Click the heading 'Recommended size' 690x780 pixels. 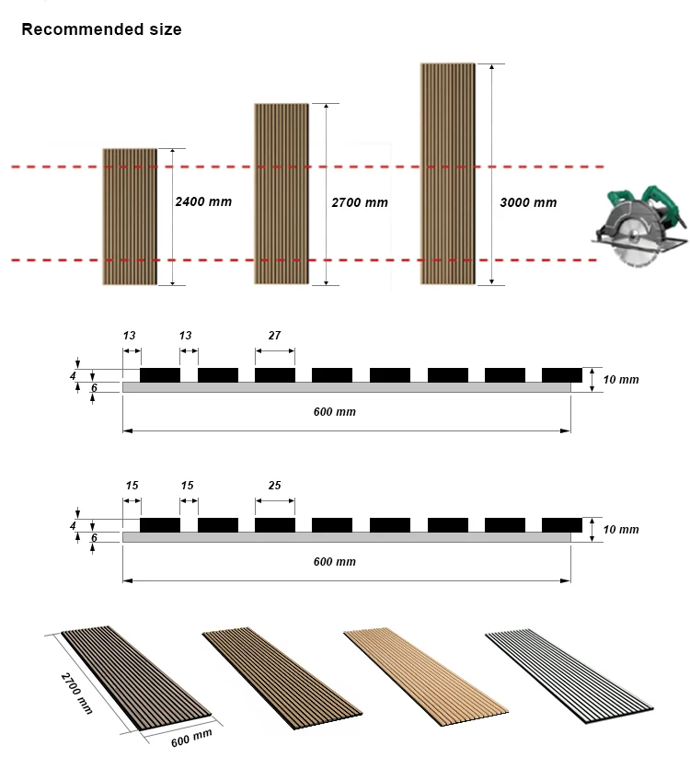pyautogui.click(x=101, y=29)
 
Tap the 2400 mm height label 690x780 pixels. pyautogui.click(x=203, y=201)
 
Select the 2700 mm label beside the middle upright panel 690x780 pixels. pyautogui.click(x=360, y=202)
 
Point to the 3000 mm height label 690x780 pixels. pyautogui.click(x=528, y=202)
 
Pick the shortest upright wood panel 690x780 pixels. pyautogui.click(x=130, y=216)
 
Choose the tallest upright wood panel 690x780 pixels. pyautogui.click(x=448, y=174)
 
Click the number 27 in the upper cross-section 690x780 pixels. pyautogui.click(x=274, y=336)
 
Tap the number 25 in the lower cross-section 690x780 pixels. pyautogui.click(x=274, y=485)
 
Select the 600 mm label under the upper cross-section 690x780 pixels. pyautogui.click(x=334, y=412)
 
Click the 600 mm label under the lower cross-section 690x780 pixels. pyautogui.click(x=334, y=561)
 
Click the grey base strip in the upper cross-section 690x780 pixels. pyautogui.click(x=346, y=388)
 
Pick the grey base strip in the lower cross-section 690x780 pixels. pyautogui.click(x=346, y=537)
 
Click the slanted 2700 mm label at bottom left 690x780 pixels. pyautogui.click(x=77, y=693)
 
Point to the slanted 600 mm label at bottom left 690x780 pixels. pyautogui.click(x=191, y=738)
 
